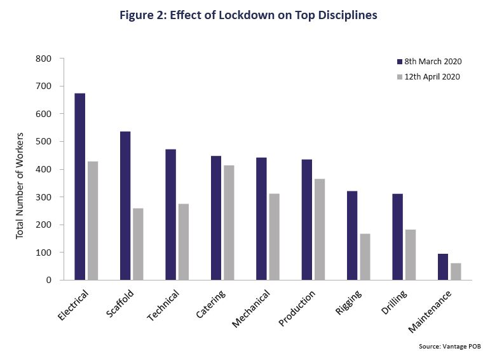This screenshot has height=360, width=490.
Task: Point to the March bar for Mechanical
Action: point(261,219)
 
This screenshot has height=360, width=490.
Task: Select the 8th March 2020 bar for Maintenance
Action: point(443,267)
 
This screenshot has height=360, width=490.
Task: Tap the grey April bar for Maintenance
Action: point(456,272)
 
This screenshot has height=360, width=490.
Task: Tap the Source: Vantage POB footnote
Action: point(449,346)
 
